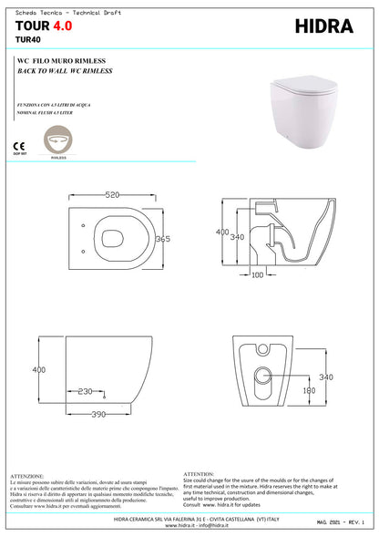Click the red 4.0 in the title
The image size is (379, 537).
pyautogui.click(x=63, y=27)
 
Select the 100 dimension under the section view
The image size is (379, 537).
pyautogui.click(x=257, y=274)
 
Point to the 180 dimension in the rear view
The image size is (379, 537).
pyautogui.click(x=309, y=389)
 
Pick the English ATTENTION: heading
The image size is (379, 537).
pyautogui.click(x=199, y=474)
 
